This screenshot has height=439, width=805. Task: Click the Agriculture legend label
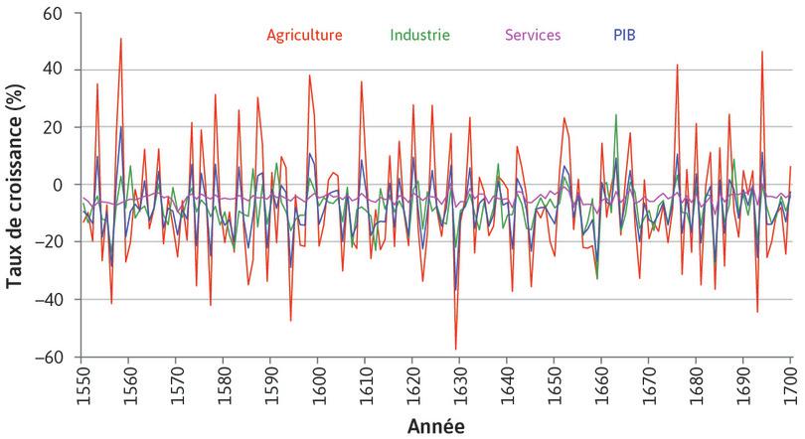tap(304, 35)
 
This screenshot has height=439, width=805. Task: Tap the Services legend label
tap(533, 35)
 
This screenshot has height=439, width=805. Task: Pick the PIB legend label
tap(624, 35)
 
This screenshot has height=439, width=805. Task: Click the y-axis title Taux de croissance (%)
tap(16, 185)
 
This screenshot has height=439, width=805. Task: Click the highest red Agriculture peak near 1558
tap(120, 40)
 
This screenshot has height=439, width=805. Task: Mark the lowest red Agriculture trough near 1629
tap(455, 349)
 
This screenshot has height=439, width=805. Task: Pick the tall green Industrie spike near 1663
tap(616, 115)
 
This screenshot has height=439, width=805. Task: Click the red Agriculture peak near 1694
tap(762, 52)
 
